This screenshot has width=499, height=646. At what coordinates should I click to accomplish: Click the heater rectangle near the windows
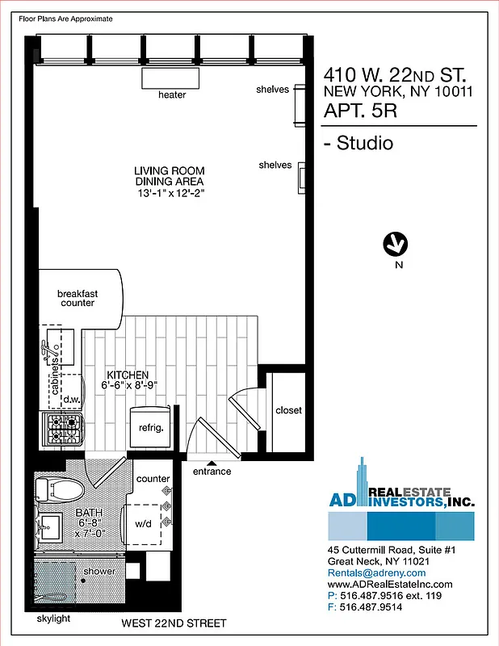pyautogui.click(x=172, y=78)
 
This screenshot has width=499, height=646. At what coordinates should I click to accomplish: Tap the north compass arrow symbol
pyautogui.click(x=396, y=243)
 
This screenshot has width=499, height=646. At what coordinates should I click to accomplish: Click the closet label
pyautogui.click(x=288, y=410)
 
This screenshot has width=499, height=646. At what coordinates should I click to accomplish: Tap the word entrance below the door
pyautogui.click(x=212, y=472)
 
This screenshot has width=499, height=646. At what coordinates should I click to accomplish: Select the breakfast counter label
pyautogui.click(x=78, y=298)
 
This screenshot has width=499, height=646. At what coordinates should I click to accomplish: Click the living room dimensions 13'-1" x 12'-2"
pyautogui.click(x=169, y=194)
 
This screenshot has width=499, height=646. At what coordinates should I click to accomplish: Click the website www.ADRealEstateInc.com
pyautogui.click(x=390, y=584)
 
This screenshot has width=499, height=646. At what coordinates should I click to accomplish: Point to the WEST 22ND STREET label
pyautogui.click(x=174, y=623)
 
